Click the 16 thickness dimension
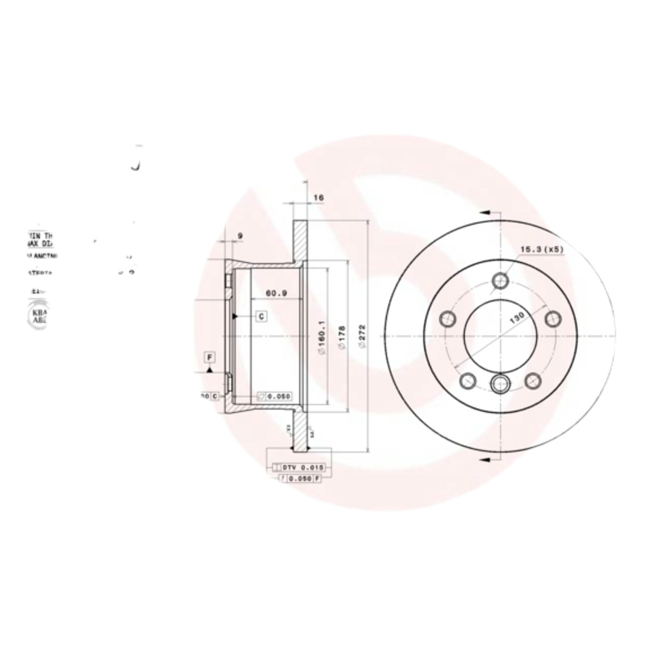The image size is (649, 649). (x=318, y=197)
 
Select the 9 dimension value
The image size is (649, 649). (x=240, y=236)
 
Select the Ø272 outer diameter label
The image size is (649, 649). (x=363, y=333)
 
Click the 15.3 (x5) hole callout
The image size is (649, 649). (x=541, y=250)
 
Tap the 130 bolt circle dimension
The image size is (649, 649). (x=515, y=317)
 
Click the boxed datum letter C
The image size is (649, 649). (x=261, y=316)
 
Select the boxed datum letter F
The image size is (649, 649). (x=209, y=357)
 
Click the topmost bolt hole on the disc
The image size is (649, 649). (x=502, y=281)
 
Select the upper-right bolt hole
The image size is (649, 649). (x=553, y=318)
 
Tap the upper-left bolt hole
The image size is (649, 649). (x=447, y=319)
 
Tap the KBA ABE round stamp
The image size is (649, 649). (x=38, y=316)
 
